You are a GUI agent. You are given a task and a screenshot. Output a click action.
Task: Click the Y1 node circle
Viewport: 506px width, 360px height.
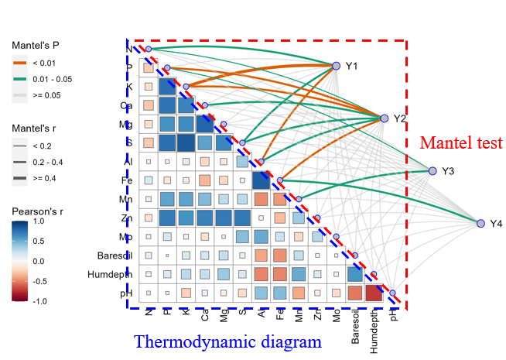point(336,67)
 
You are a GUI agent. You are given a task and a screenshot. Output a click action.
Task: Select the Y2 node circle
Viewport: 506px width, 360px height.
point(384,118)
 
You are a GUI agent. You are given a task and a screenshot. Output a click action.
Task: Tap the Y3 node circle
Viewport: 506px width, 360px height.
point(432,170)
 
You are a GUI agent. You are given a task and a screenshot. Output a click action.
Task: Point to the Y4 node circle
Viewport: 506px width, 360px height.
point(480,223)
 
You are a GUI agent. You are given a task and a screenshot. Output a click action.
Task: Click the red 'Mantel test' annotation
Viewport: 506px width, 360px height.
point(461,142)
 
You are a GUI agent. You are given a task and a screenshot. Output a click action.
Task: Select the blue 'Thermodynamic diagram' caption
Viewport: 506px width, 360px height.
point(227,341)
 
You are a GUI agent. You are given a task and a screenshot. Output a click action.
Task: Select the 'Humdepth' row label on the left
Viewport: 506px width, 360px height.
point(111,274)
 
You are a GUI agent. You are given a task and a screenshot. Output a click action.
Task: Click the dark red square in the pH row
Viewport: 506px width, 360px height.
point(374,293)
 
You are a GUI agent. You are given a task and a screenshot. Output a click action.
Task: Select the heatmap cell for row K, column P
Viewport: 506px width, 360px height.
point(167,87)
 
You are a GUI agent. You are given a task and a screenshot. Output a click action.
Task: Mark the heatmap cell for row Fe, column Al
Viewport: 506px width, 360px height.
point(261,180)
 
